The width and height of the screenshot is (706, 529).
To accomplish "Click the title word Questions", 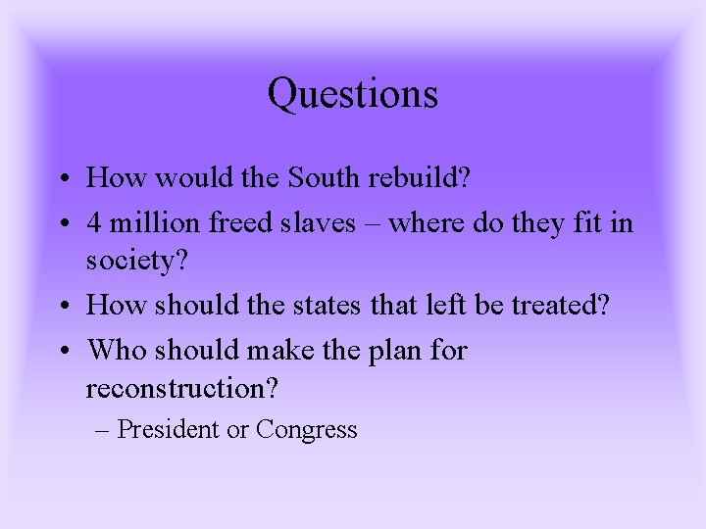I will point(352,95).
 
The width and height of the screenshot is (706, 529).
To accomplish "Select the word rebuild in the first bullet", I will point(424,178).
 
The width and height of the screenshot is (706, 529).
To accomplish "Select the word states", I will point(380,306).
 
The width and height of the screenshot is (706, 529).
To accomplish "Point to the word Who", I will point(114,351).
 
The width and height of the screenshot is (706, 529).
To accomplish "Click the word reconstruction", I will point(182,389).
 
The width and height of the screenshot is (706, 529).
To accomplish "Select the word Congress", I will point(306,429).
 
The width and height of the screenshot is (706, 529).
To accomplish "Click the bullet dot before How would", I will point(62,180).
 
